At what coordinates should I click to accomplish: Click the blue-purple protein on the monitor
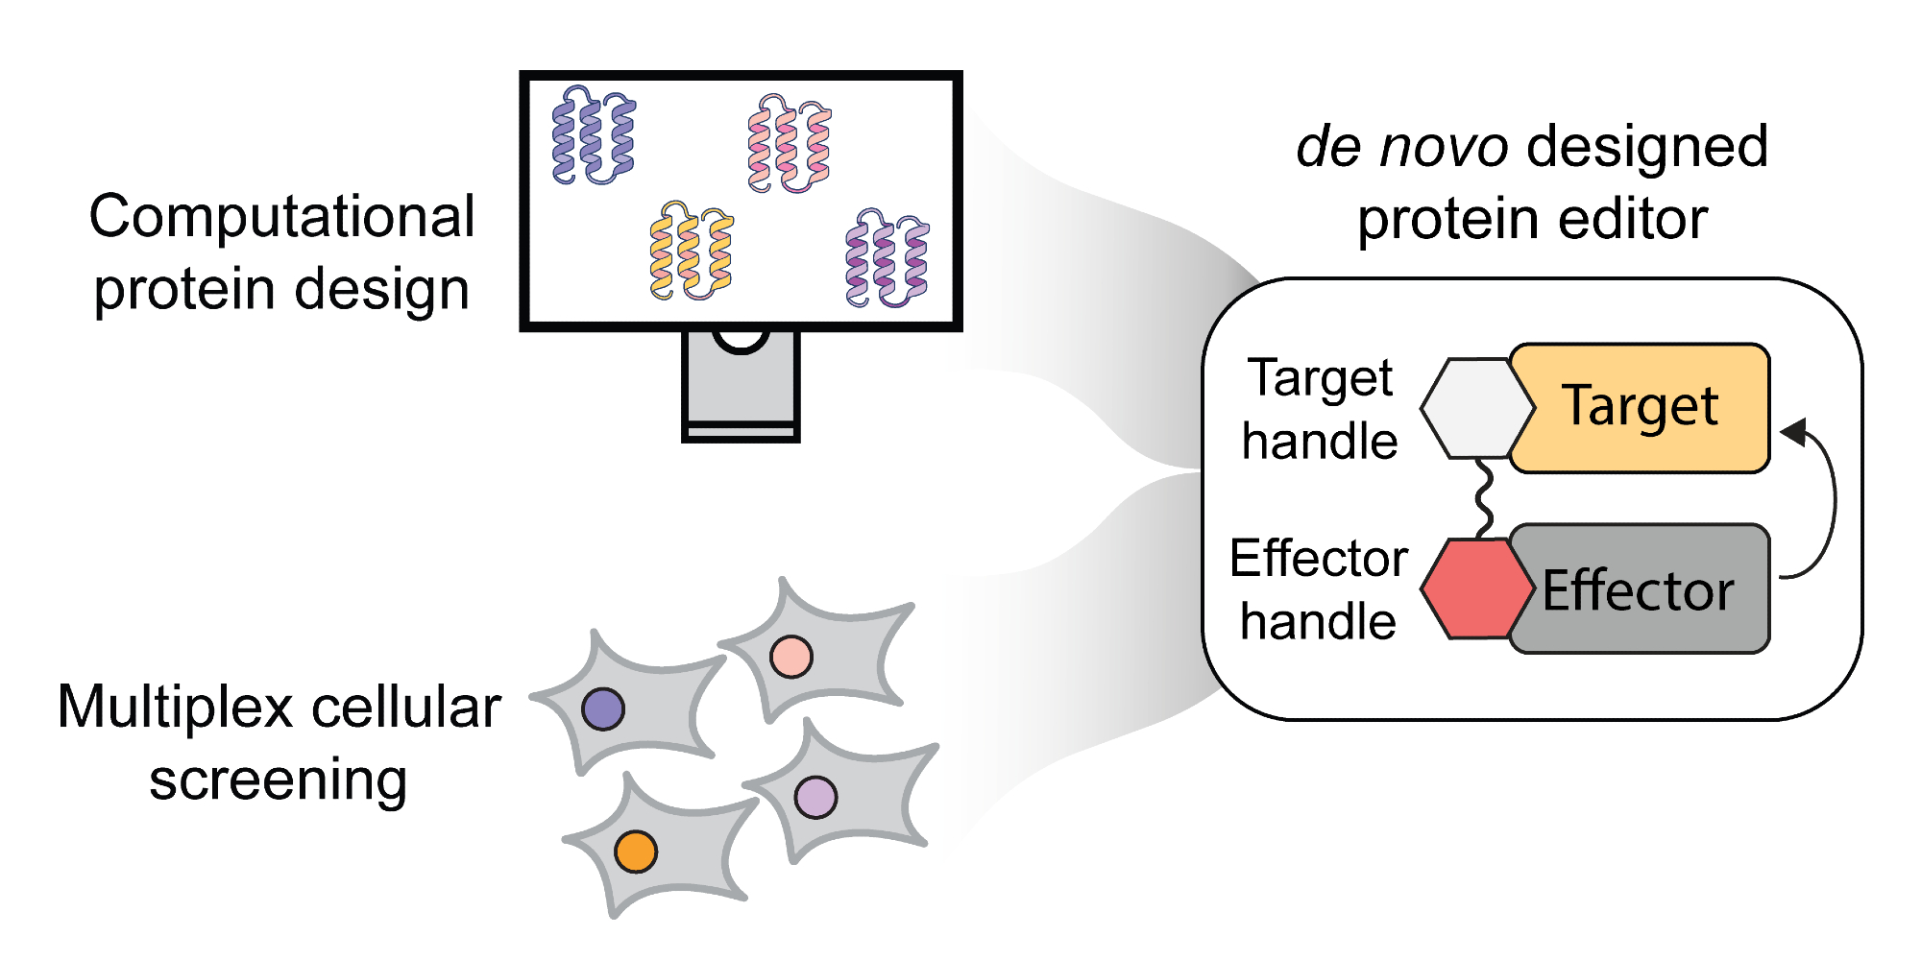pos(593,135)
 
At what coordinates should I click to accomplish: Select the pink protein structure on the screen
pos(789,144)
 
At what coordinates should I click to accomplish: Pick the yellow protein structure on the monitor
pos(691,251)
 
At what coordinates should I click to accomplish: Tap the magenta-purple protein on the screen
pos(887,258)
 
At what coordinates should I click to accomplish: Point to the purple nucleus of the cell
pos(603,709)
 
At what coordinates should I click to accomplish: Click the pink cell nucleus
pos(791,657)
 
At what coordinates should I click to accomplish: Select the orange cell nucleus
pos(636,852)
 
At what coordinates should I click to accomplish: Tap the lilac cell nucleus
pos(815,797)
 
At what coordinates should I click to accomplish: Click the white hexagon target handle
pos(1476,408)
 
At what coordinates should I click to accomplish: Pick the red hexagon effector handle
pos(1476,588)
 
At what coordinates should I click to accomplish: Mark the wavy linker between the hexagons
pos(1485,498)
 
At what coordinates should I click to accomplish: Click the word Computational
pos(281,217)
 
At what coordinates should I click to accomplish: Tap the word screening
pos(279,780)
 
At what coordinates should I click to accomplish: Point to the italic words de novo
pos(1401,147)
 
